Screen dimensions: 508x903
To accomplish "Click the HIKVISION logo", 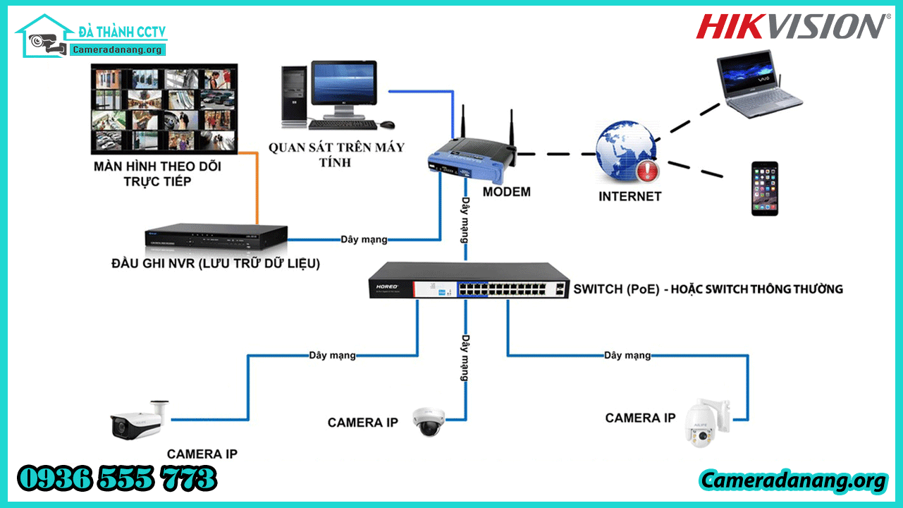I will pos(789,26).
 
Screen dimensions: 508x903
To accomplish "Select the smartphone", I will pos(764,188).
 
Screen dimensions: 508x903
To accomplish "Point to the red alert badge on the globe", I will pos(646,171).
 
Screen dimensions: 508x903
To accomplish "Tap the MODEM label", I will pos(506,192).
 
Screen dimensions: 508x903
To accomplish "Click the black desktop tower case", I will pos(293,96).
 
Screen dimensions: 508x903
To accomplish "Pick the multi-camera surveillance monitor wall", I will pos(164,109).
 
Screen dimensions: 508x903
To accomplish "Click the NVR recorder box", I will pos(217,239).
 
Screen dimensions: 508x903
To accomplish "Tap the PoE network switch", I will pos(469,280).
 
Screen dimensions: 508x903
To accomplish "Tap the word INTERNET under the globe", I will pos(629,197).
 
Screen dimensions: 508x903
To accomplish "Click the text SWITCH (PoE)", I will pos(616,289).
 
